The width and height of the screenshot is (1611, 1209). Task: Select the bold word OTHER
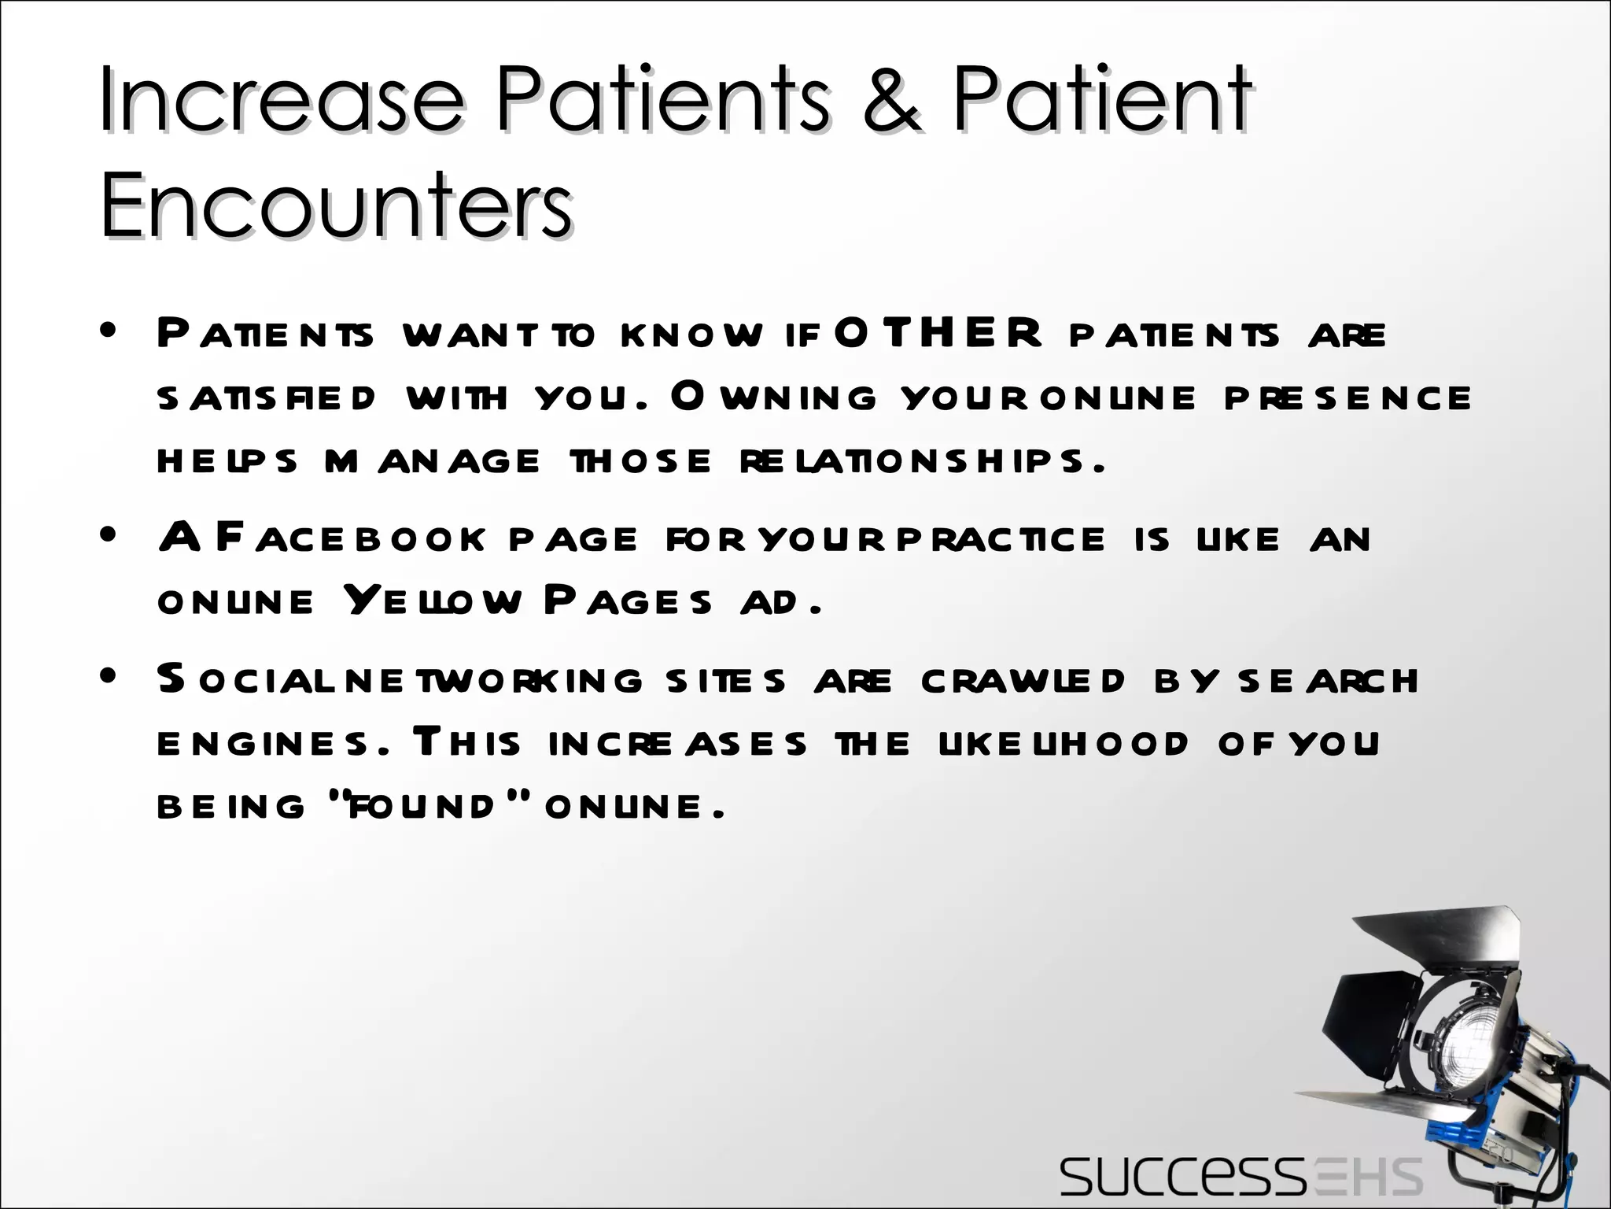pyautogui.click(x=938, y=333)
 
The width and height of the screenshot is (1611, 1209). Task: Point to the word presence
pyautogui.click(x=1347, y=397)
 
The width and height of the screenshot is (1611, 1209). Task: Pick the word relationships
pyautogui.click(x=922, y=460)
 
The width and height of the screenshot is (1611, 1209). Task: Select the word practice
pyautogui.click(x=1001, y=539)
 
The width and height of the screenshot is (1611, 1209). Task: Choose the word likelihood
pyautogui.click(x=1063, y=744)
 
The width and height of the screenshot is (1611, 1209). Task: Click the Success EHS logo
pyautogui.click(x=1241, y=1177)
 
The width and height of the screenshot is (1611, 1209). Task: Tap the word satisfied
pyautogui.click(x=267, y=397)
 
